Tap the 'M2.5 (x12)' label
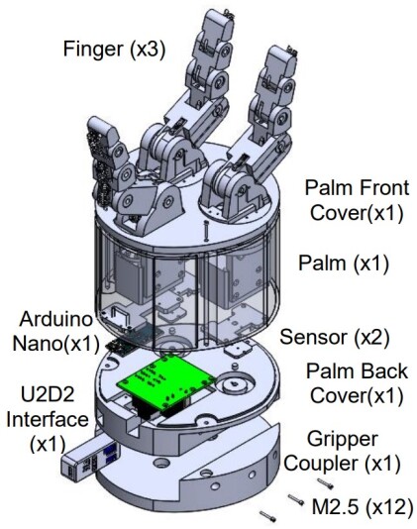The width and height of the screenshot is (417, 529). point(361,508)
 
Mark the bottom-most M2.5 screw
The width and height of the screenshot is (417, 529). point(265,515)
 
